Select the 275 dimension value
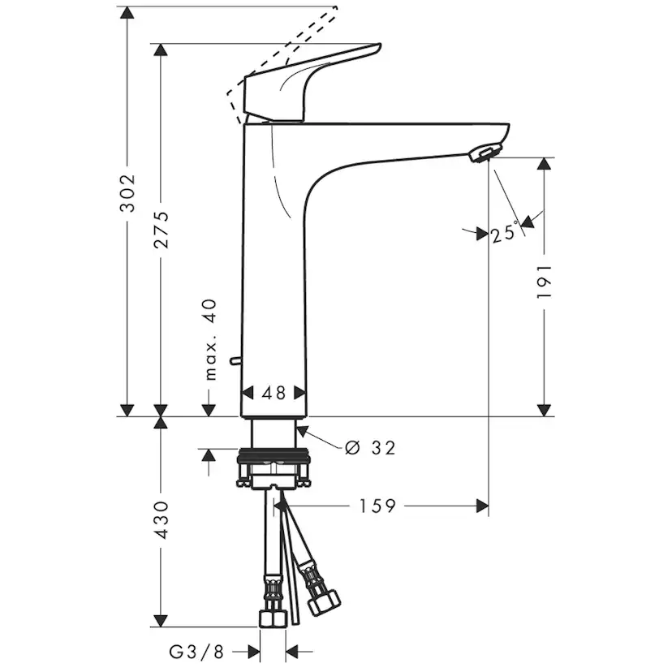162,230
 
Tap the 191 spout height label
545,281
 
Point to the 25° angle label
503,234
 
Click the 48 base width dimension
275,394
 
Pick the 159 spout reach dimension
378,506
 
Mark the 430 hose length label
162,519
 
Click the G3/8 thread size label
195,651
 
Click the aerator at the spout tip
485,153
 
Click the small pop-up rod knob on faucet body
235,359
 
